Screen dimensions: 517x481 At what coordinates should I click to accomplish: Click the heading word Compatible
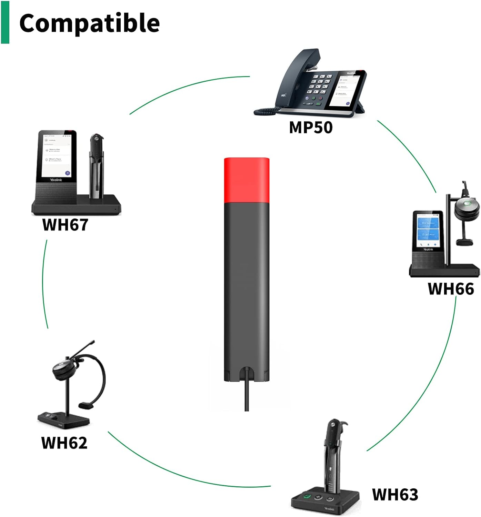pyautogui.click(x=89, y=23)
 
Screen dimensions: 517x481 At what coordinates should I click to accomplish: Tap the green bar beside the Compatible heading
pyautogui.click(x=5, y=22)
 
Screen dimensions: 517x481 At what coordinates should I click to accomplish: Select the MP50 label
pyautogui.click(x=311, y=128)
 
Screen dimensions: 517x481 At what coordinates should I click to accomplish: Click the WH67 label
pyautogui.click(x=65, y=225)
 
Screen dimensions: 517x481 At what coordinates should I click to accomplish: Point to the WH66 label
pyautogui.click(x=451, y=289)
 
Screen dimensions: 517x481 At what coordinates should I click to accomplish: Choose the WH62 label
pyautogui.click(x=64, y=443)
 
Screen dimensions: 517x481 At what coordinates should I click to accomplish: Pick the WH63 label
pyautogui.click(x=395, y=495)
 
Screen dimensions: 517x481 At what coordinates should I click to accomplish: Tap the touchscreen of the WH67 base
pyautogui.click(x=57, y=155)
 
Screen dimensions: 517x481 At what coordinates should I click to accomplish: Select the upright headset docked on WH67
pyautogui.click(x=96, y=165)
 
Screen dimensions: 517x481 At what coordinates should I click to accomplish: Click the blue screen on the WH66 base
pyautogui.click(x=428, y=229)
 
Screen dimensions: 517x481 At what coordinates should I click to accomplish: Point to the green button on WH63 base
pyautogui.click(x=307, y=497)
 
